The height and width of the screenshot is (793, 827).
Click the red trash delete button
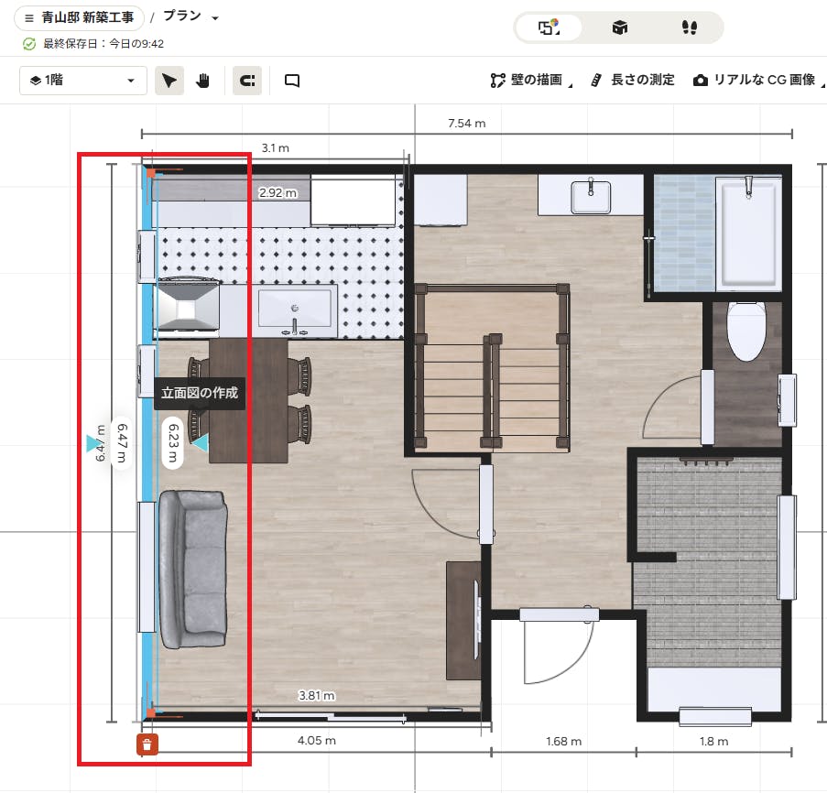(147, 744)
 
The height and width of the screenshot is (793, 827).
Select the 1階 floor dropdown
(82, 81)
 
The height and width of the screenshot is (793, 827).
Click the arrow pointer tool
(169, 81)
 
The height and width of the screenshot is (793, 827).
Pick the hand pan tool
(203, 81)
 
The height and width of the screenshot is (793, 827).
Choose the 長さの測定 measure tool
(633, 81)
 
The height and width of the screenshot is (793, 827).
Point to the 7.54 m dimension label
(467, 124)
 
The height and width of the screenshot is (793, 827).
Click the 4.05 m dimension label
(317, 740)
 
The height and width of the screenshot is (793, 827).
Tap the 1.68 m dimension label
(564, 742)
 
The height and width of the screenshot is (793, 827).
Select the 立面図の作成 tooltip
(200, 393)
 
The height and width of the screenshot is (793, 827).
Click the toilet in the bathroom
(746, 331)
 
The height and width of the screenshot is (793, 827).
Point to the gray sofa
(193, 569)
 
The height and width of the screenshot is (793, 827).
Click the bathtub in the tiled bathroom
(748, 234)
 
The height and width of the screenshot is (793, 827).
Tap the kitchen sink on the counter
(295, 311)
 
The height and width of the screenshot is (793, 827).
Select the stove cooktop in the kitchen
(187, 308)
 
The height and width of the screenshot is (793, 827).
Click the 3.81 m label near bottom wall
(317, 695)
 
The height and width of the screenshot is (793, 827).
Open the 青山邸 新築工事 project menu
(79, 18)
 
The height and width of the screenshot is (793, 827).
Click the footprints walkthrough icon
(690, 27)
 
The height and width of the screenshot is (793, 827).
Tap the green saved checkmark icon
(29, 44)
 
